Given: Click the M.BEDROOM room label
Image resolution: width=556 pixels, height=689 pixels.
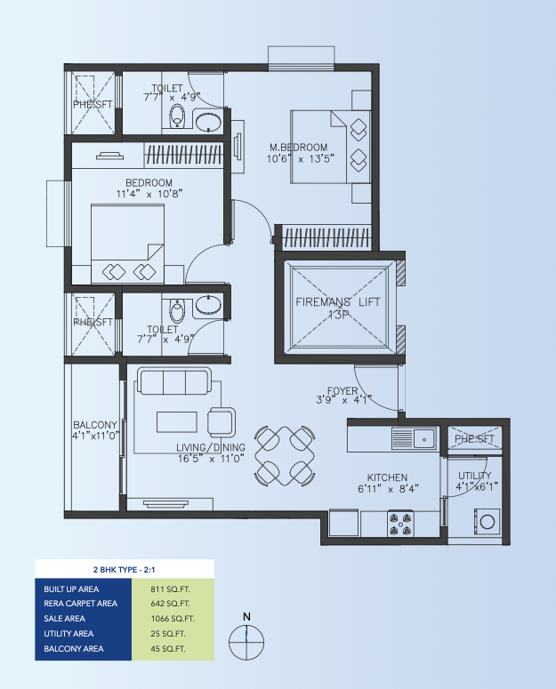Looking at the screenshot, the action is [298, 148].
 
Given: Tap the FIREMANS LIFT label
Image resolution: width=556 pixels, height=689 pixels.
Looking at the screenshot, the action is [337, 302].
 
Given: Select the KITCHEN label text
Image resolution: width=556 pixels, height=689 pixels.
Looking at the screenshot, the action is [387, 477].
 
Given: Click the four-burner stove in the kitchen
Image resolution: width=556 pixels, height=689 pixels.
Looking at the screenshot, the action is [401, 524].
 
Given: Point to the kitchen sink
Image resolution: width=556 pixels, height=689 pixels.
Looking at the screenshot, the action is [424, 438].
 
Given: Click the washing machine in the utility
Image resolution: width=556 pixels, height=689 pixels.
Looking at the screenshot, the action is [487, 522].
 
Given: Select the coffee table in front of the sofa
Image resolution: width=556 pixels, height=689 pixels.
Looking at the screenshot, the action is [177, 421].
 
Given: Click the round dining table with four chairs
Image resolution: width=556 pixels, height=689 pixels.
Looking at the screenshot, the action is [285, 456].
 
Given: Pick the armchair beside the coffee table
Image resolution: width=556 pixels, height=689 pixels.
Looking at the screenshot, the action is [222, 422].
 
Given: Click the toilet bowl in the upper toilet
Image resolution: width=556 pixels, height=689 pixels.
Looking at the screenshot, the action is [177, 116].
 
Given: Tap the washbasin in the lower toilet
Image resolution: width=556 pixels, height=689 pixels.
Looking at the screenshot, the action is [208, 305].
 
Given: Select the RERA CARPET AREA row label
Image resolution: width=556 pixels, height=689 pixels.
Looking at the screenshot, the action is [80, 604].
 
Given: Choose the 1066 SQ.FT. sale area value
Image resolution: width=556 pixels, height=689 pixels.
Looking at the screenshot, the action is [173, 619].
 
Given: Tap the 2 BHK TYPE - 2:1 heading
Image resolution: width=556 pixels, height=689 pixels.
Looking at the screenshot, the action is [125, 570].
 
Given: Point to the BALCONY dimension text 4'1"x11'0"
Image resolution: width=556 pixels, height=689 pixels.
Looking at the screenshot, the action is [96, 436].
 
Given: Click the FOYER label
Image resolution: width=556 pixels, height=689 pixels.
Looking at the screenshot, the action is [342, 390].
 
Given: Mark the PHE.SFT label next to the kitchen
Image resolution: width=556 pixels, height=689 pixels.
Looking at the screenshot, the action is [475, 439].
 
